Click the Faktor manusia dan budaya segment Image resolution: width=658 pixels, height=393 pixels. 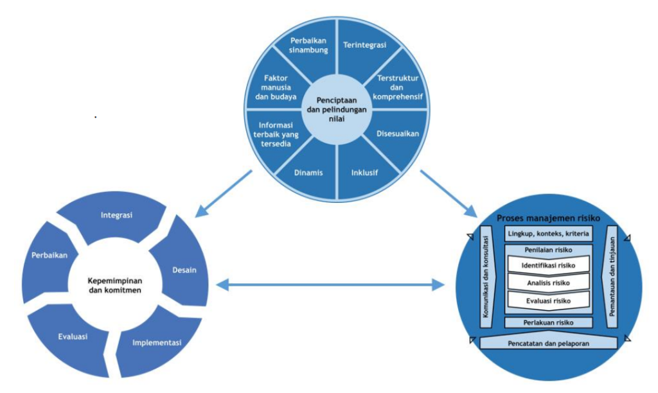pyautogui.click(x=272, y=86)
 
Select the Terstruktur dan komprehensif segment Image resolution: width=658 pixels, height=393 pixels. pyautogui.click(x=398, y=87)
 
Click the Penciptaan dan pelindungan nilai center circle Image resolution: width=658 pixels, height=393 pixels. pyautogui.click(x=337, y=109)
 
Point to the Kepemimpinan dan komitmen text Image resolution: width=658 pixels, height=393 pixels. pyautogui.click(x=114, y=285)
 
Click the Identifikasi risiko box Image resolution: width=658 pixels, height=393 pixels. pyautogui.click(x=548, y=265)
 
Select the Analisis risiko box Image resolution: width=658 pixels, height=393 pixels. pyautogui.click(x=548, y=282)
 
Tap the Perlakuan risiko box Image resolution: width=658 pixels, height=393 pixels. pyautogui.click(x=548, y=323)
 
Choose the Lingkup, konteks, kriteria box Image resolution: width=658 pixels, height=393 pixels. pyautogui.click(x=548, y=234)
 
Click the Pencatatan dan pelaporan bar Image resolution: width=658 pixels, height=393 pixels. pyautogui.click(x=548, y=344)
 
